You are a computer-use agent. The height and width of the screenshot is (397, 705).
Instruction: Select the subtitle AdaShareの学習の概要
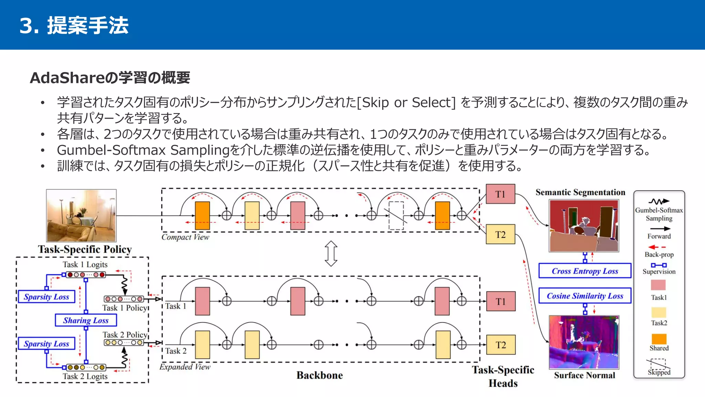point(110,78)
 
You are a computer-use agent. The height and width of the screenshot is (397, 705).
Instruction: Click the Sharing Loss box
point(86,320)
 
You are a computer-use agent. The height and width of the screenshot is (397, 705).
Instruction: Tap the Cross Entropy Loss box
point(585,271)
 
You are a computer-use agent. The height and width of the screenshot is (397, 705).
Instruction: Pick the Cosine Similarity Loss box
point(585,296)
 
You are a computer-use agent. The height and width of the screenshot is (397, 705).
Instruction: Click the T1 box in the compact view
point(500,194)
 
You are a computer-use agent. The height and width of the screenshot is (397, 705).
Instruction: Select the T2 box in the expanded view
point(501,345)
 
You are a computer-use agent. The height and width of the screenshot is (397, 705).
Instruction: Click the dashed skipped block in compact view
point(396,216)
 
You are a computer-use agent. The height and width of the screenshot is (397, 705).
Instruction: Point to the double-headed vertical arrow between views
point(331,254)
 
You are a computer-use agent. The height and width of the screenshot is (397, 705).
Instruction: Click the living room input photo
point(81,215)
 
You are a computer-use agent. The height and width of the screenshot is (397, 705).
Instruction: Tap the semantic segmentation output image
point(584,226)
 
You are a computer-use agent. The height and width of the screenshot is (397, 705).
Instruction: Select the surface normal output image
point(584,342)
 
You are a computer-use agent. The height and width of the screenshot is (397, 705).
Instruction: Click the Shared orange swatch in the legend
point(659,339)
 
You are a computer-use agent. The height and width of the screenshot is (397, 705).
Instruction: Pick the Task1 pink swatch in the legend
point(658,285)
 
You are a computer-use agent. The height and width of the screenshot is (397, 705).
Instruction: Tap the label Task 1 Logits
point(85,264)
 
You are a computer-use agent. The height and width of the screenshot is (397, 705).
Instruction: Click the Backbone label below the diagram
point(319,375)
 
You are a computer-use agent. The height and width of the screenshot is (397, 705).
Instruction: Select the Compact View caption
point(185,237)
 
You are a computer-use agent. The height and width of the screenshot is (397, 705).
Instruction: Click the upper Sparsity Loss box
point(46,297)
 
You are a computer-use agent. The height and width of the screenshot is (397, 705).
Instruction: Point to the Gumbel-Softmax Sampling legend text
point(659,214)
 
